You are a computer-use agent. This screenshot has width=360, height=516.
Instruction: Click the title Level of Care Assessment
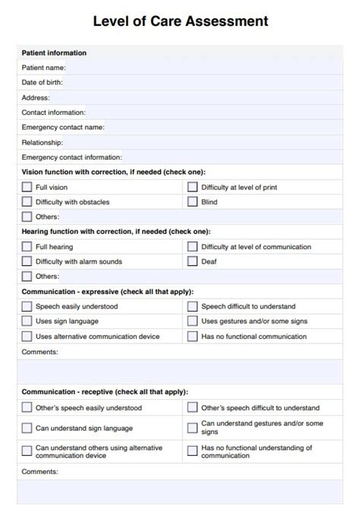click(180, 21)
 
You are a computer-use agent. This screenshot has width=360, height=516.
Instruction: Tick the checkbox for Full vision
click(27, 187)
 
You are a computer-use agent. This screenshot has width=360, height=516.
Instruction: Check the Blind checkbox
click(193, 202)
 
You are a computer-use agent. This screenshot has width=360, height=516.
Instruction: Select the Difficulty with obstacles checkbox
click(27, 202)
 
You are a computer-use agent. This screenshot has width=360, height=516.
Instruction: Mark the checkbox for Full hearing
click(27, 247)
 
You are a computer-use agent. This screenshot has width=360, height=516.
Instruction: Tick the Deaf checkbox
click(193, 261)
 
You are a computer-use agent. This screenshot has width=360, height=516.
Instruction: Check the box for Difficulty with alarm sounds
click(27, 261)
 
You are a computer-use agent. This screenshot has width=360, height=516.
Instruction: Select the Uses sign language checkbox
click(27, 321)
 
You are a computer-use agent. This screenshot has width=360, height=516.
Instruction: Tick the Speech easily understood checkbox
click(27, 306)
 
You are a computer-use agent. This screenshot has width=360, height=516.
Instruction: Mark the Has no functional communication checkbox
click(193, 336)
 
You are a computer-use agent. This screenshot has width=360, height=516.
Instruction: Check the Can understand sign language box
click(27, 428)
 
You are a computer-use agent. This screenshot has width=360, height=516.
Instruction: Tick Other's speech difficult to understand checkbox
click(193, 408)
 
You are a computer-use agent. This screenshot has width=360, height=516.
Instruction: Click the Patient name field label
click(44, 68)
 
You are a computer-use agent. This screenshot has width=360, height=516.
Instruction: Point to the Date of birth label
click(43, 82)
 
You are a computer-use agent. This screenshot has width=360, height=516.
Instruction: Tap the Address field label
click(36, 97)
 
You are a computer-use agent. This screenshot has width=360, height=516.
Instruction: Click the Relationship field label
click(43, 142)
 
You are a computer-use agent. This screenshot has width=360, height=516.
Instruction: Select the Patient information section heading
click(54, 52)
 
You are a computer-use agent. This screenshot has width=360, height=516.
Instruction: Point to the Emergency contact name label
click(63, 127)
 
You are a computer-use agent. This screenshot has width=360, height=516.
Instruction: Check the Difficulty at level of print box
click(193, 187)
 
